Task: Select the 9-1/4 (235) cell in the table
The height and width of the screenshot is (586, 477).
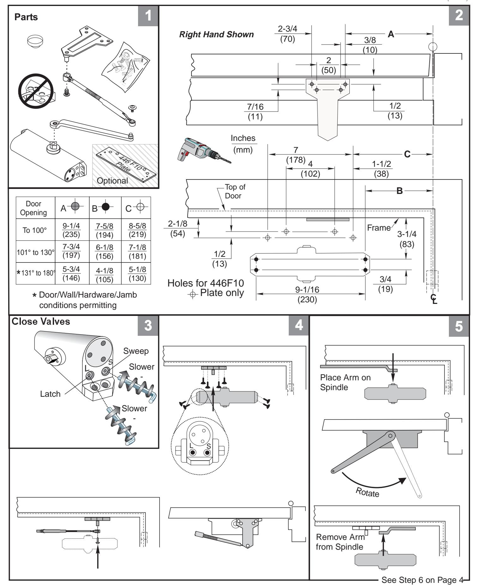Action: click(x=72, y=230)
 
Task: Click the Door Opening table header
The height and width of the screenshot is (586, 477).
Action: click(x=33, y=208)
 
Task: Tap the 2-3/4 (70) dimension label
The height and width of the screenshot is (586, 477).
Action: click(x=288, y=34)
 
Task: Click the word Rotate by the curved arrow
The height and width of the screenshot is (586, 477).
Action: click(x=367, y=492)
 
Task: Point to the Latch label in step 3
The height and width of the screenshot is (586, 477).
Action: click(x=50, y=394)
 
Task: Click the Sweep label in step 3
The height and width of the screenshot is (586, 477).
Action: click(x=136, y=351)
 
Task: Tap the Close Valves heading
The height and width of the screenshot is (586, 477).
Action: click(x=41, y=322)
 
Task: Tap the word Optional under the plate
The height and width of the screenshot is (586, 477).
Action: click(x=112, y=181)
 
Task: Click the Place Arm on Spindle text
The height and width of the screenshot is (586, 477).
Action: click(x=345, y=382)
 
